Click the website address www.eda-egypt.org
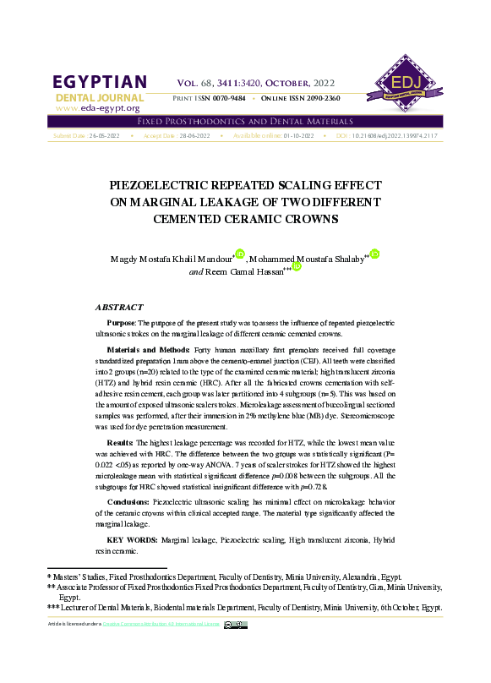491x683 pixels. (x=97, y=109)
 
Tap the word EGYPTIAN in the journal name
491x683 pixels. (x=100, y=82)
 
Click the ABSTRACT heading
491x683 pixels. (x=119, y=308)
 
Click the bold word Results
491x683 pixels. (x=120, y=443)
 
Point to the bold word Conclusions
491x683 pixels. (x=128, y=502)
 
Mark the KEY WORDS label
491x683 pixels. (x=130, y=539)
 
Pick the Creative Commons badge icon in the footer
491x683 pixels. (x=236, y=625)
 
